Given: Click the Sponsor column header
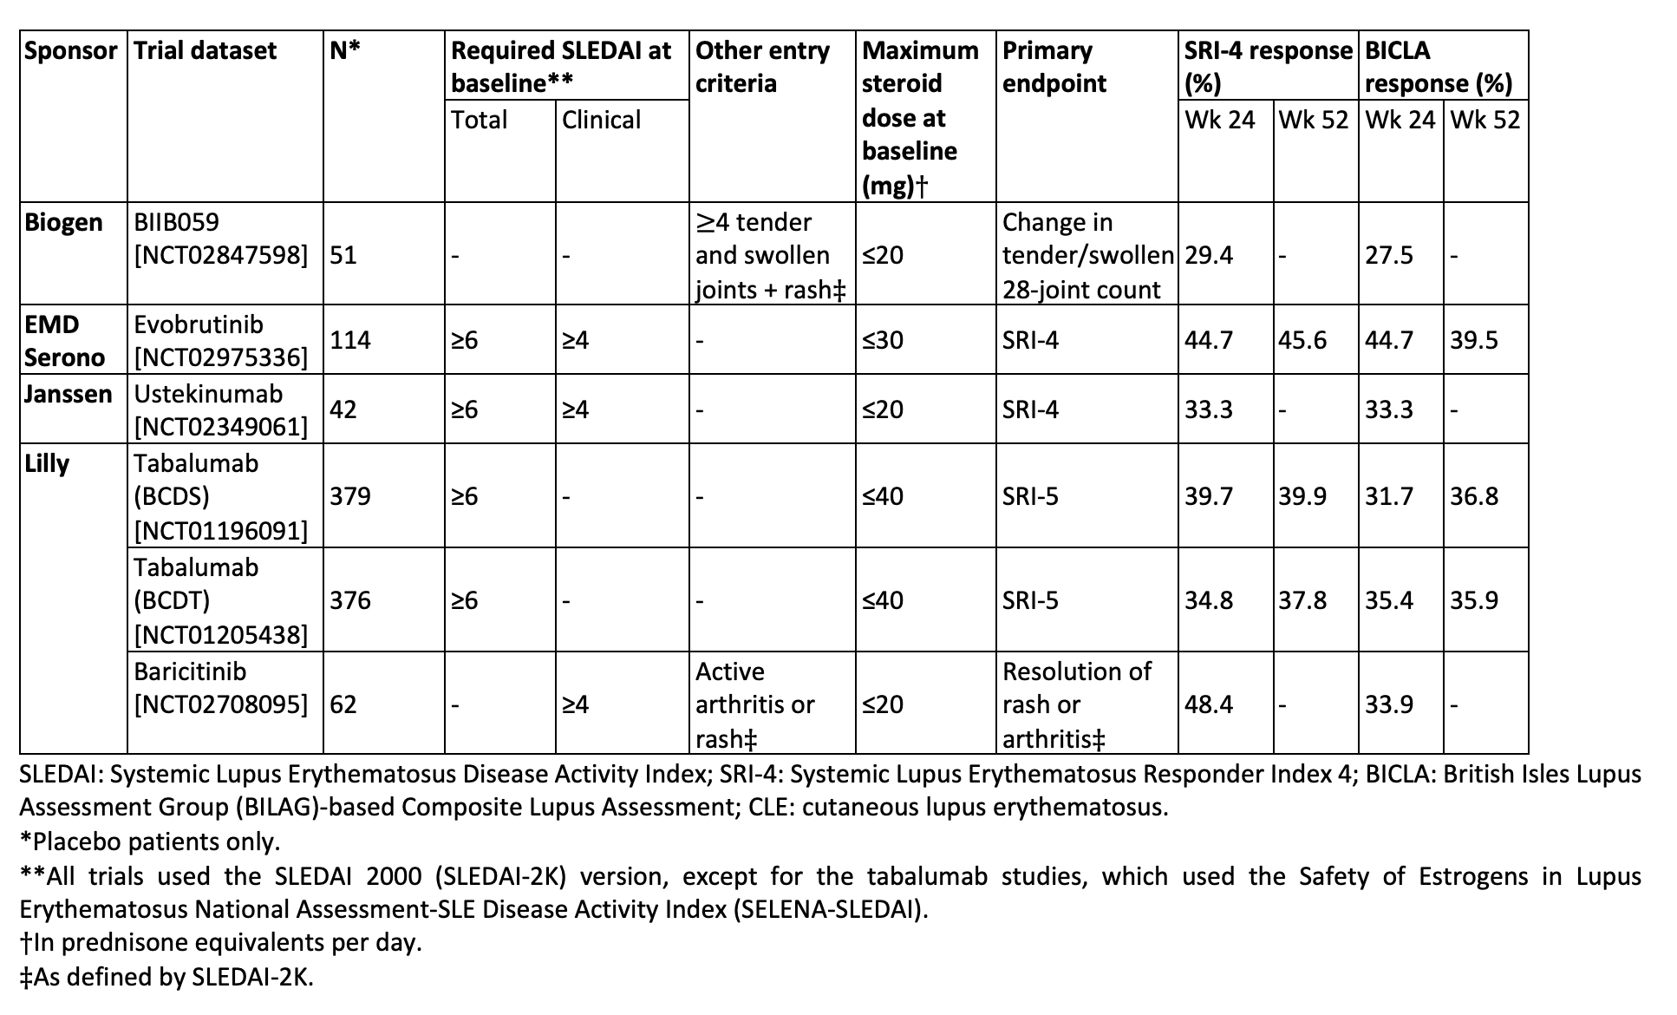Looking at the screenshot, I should pos(70,50).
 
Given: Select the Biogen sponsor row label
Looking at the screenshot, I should pos(63,222).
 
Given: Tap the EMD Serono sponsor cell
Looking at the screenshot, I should pos(64,340).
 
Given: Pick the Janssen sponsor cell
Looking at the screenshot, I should pos(68,394).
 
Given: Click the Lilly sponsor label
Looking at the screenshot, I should pos(47,463).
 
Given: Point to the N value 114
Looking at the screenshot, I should pos(350,340).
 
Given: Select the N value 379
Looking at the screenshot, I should pos(350,496).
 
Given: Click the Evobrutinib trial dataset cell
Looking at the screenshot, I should pos(220,340).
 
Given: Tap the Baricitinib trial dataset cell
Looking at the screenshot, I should pos(220,687).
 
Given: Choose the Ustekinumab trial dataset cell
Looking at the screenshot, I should pos(220,409).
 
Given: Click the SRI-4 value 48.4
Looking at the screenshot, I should pos(1209,704).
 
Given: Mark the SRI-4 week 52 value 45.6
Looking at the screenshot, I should pos(1302,340).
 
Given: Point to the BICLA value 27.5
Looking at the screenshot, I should pos(1389,255).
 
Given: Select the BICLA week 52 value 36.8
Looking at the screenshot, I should pos(1474,496).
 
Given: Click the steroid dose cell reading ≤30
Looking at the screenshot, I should pos(883,340).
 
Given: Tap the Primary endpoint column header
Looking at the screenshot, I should pos(1054,67).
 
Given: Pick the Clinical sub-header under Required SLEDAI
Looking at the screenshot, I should pos(601,120).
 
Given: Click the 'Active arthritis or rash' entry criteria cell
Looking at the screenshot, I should pos(754,704).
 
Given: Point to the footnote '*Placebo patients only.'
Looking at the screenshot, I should pos(150,841).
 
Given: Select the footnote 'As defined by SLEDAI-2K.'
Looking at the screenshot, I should pos(166,977).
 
